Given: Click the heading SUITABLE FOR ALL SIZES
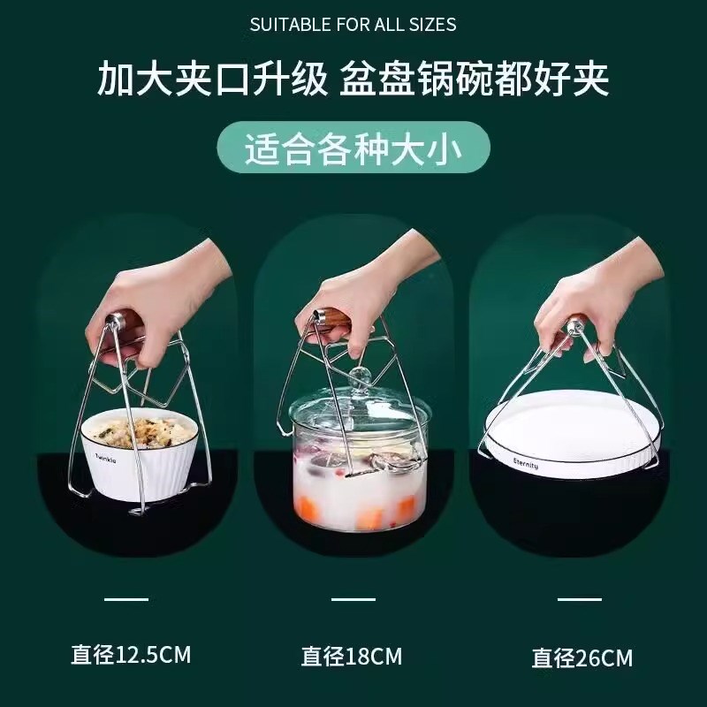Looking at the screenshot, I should point(353,25).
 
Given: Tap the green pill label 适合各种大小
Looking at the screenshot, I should point(353,148).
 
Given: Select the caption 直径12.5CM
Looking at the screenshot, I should point(131,656).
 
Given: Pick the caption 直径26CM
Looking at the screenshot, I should point(582,658).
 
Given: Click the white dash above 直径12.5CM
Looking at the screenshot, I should point(126,599).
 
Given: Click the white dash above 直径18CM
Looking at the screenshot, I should point(353,599).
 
